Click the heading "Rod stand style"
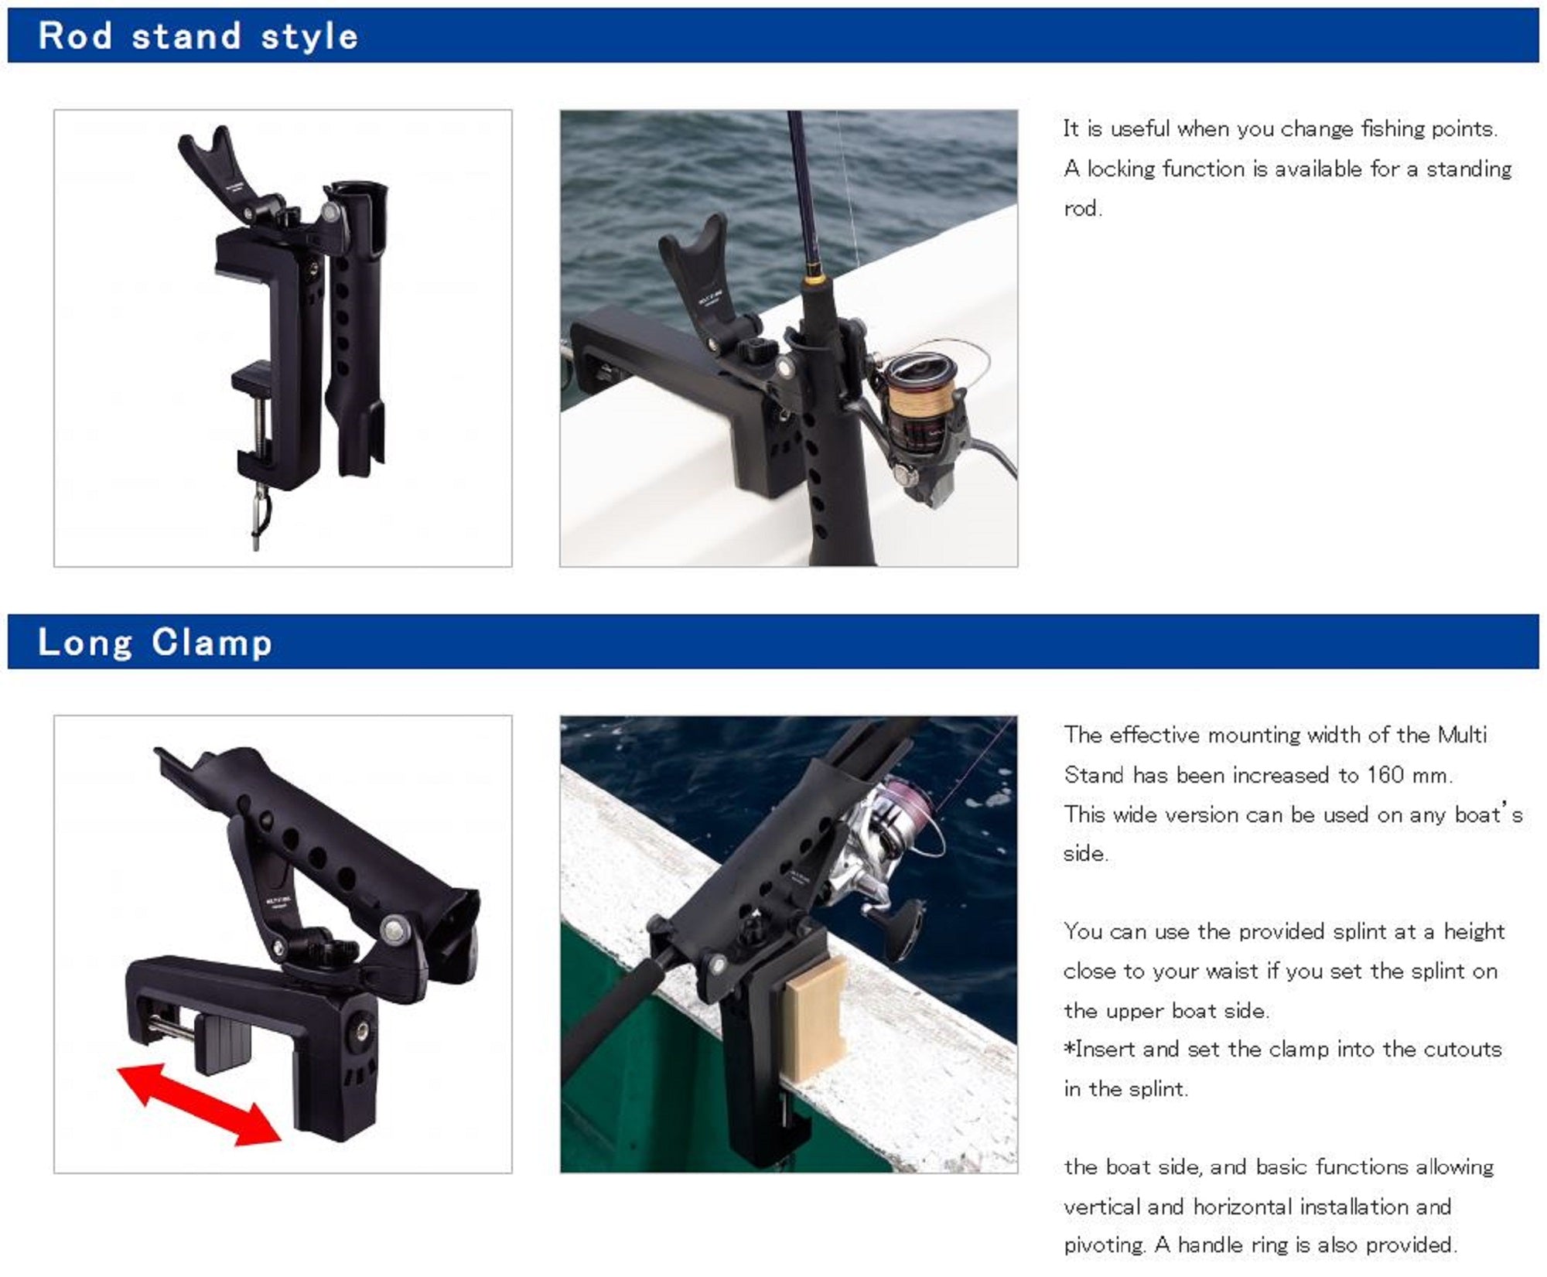pyautogui.click(x=198, y=36)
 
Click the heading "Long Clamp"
pyautogui.click(x=155, y=643)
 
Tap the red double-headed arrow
pyautogui.click(x=199, y=1105)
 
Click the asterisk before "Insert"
pyautogui.click(x=1070, y=1048)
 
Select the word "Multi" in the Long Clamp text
pyautogui.click(x=1462, y=735)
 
